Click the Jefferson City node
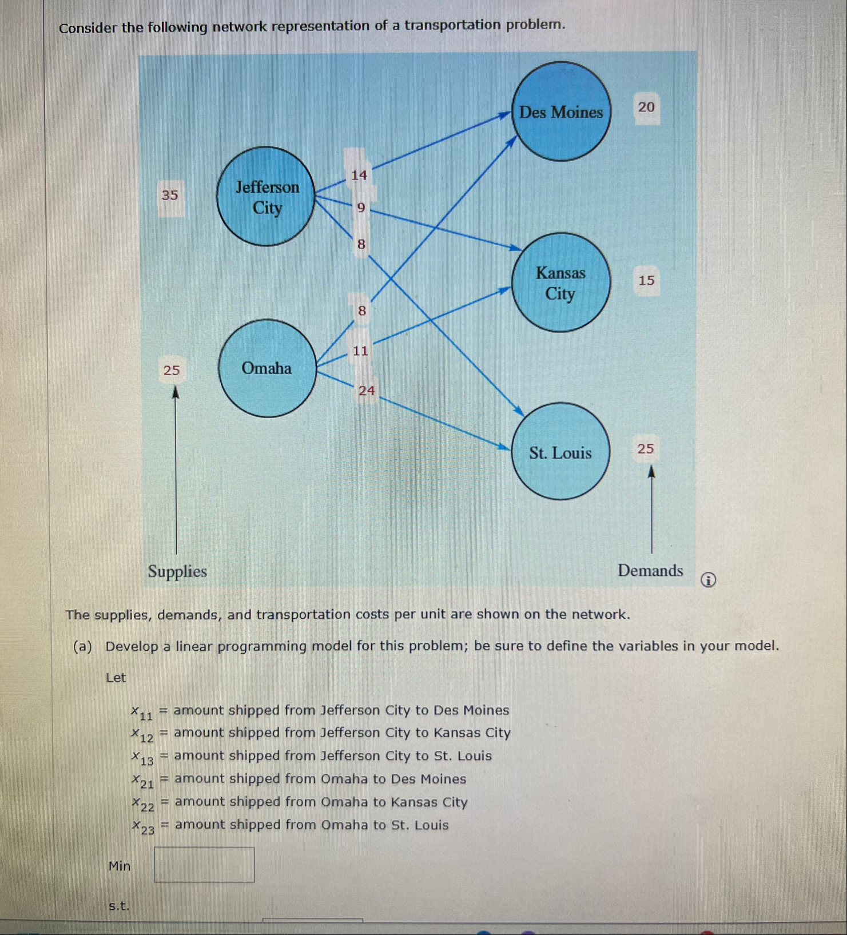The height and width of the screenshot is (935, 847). (x=266, y=197)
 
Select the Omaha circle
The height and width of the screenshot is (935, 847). (x=267, y=368)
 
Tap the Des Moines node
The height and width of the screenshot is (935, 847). (x=560, y=112)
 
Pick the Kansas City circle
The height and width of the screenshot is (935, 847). (x=560, y=283)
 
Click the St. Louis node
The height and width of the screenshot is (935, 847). (x=560, y=452)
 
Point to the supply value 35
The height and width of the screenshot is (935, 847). (x=170, y=196)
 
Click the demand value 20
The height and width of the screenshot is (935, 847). (x=646, y=108)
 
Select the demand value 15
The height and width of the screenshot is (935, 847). (x=646, y=280)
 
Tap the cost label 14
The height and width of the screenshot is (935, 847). (x=359, y=176)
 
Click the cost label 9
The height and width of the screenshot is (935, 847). (x=361, y=208)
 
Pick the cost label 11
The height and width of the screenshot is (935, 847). (x=360, y=351)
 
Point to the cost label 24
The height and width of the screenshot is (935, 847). (x=367, y=391)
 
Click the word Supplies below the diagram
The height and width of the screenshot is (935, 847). (x=177, y=571)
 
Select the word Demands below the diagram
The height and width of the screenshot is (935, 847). (x=650, y=571)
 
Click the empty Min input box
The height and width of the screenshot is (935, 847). (x=204, y=865)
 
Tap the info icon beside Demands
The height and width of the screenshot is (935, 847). (x=708, y=580)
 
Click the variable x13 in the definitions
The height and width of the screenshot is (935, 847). (x=142, y=758)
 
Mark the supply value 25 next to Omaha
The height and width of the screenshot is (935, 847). (x=172, y=371)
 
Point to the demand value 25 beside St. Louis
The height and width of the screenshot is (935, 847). (x=645, y=449)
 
